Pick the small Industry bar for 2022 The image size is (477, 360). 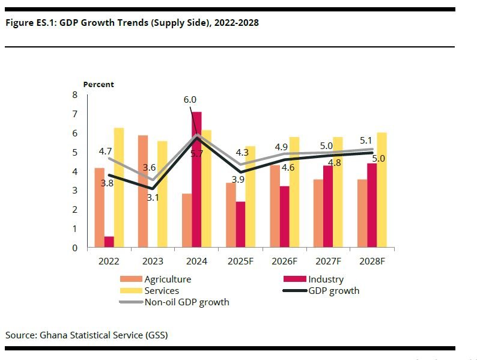pyautogui.click(x=109, y=242)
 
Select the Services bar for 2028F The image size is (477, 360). pyautogui.click(x=382, y=190)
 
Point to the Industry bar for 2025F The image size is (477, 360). pyautogui.click(x=240, y=224)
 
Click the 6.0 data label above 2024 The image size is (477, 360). pyautogui.click(x=190, y=100)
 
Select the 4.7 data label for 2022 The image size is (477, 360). pyautogui.click(x=106, y=151)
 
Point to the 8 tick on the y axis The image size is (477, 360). pyautogui.click(x=74, y=95)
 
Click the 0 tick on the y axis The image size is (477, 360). pyautogui.click(x=74, y=248)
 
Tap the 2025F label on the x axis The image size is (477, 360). pyautogui.click(x=240, y=261)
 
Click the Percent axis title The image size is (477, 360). pyautogui.click(x=99, y=85)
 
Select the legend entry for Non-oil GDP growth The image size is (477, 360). pyautogui.click(x=186, y=302)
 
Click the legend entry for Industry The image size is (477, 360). pyautogui.click(x=326, y=279)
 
